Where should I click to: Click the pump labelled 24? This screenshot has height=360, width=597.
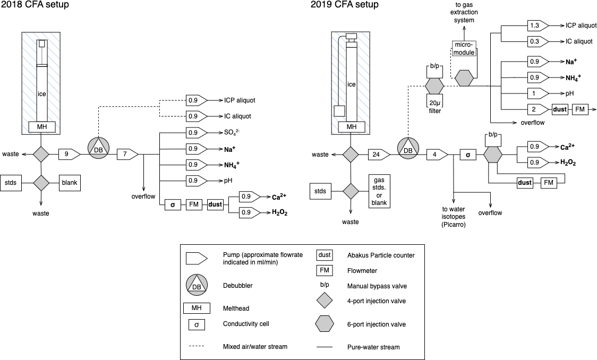(x=379, y=155)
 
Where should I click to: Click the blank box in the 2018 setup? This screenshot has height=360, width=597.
(x=70, y=183)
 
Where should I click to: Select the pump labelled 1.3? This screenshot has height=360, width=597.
(x=536, y=25)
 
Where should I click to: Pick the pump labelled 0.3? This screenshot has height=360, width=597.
(x=536, y=41)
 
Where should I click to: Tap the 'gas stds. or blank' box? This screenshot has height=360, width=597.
(x=379, y=192)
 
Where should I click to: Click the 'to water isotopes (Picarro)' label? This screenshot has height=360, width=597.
(x=453, y=217)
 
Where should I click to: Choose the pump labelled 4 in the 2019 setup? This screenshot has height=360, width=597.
(x=437, y=155)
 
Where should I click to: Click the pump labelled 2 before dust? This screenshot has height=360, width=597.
(x=536, y=109)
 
